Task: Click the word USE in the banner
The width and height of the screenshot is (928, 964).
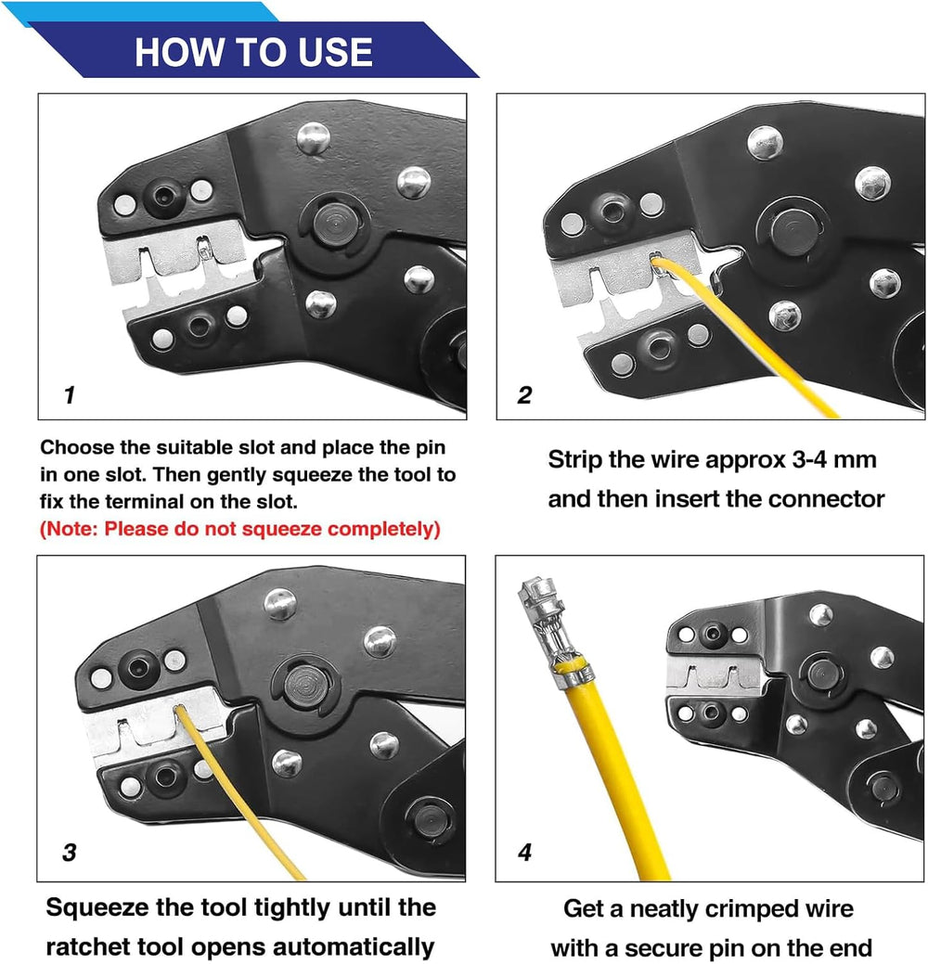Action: [x=336, y=52]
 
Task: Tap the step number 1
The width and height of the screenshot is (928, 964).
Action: [x=70, y=394]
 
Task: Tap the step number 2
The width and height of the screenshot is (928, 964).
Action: [x=524, y=394]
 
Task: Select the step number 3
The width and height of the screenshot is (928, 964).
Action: [x=70, y=852]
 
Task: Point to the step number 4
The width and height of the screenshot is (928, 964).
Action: [x=524, y=852]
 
